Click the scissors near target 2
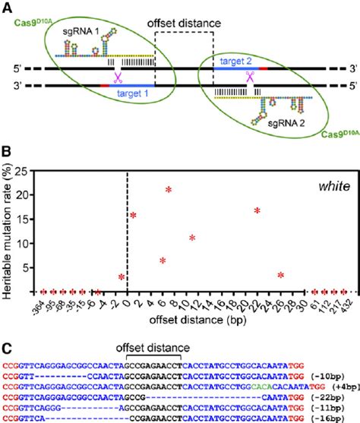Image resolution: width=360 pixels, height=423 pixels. (249, 76)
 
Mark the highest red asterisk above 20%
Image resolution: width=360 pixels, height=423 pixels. (169, 190)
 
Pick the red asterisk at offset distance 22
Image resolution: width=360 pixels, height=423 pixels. (257, 210)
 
